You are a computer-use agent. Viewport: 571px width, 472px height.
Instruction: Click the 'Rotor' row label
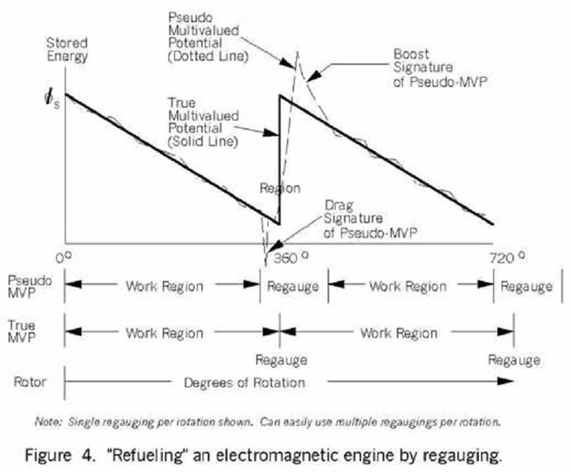(x=23, y=382)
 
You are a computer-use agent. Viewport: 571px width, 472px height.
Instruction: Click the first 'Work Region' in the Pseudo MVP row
(x=163, y=286)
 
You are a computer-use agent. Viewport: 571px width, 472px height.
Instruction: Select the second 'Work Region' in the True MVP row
(x=397, y=333)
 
